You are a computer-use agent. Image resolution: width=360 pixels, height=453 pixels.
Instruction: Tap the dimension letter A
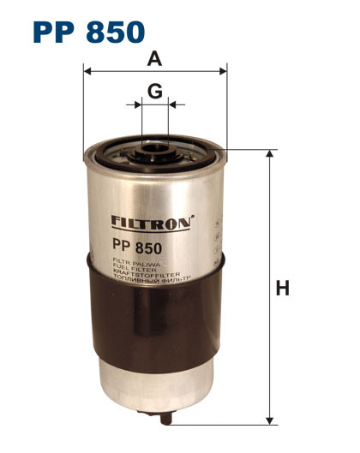(154, 59)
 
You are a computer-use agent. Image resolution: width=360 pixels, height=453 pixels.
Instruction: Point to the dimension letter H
(282, 289)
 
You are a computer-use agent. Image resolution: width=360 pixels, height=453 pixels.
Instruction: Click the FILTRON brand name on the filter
(150, 222)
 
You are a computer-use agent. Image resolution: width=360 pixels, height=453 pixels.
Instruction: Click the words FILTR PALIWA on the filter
(129, 265)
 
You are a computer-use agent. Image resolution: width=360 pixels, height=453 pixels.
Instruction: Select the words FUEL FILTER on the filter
(129, 271)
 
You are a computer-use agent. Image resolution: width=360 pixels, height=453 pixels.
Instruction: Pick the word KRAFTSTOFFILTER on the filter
(137, 276)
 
